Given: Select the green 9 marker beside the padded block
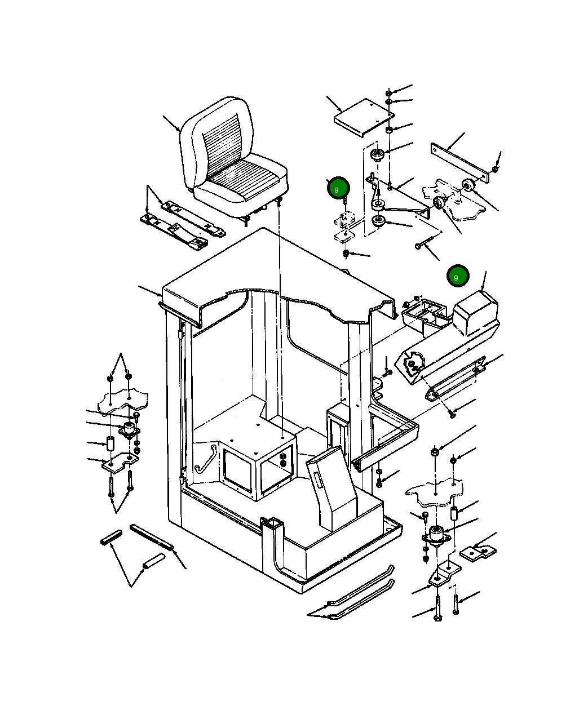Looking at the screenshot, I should click(x=457, y=277).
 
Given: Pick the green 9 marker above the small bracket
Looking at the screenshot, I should click(x=338, y=188).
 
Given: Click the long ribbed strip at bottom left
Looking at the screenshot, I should click(x=152, y=538).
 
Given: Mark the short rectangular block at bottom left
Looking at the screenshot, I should click(x=111, y=537).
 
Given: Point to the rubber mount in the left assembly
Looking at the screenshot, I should click(x=129, y=429).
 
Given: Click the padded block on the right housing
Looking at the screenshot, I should click(x=475, y=312).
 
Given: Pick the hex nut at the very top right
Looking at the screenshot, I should click(x=389, y=92).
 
